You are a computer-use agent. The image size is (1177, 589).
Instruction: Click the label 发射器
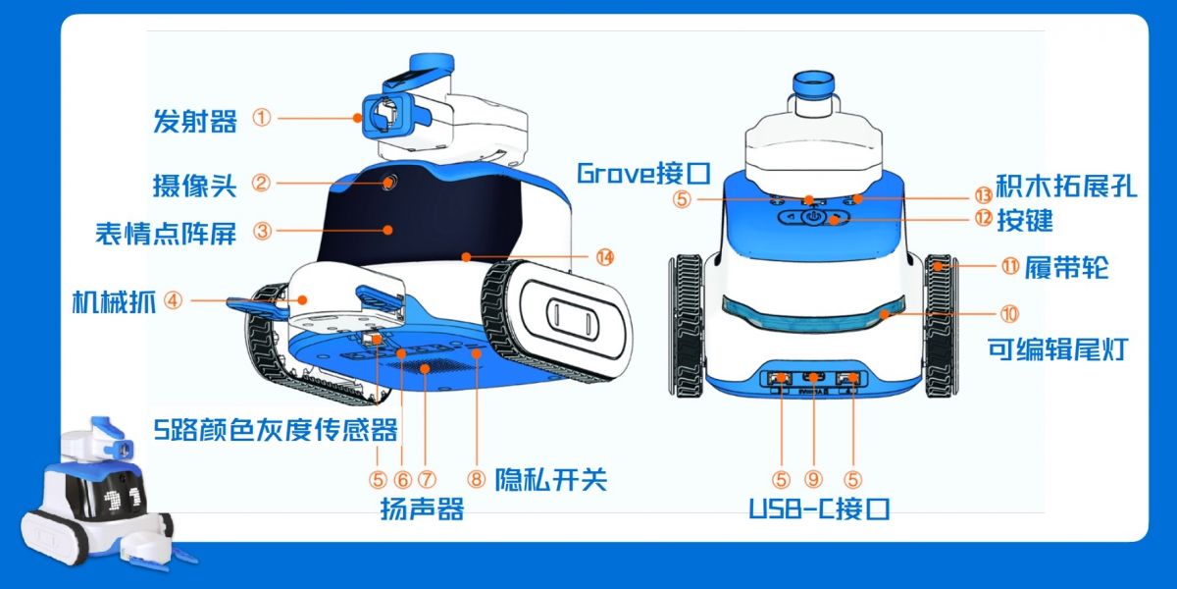click(x=194, y=122)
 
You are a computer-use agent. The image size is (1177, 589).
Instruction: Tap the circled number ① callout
click(x=261, y=118)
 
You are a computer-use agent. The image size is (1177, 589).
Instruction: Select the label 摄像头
click(x=194, y=184)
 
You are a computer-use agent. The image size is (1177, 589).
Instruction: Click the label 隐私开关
click(x=550, y=479)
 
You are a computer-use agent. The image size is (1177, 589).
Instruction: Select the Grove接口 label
click(x=642, y=174)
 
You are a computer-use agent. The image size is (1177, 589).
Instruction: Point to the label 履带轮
click(x=1067, y=267)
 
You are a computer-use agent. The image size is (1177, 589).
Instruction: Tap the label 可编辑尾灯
click(x=1055, y=348)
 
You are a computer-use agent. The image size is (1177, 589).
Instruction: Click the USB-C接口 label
click(x=819, y=509)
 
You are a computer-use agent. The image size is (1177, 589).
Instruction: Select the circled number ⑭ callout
click(x=605, y=257)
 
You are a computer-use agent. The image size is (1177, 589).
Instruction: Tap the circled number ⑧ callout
click(x=477, y=479)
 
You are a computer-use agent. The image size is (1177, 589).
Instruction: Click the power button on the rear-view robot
click(x=814, y=217)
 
